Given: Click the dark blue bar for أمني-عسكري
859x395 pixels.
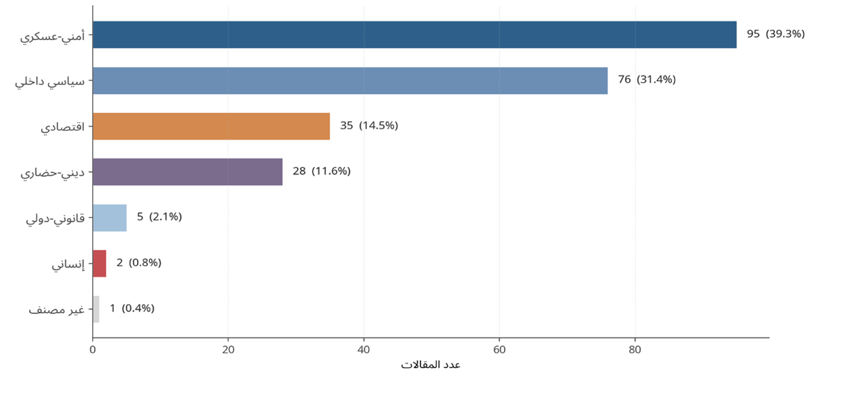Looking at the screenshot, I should [x=414, y=35].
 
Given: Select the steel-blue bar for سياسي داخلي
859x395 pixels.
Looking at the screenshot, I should [x=350, y=80].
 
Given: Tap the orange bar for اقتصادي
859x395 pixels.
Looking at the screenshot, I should [x=211, y=126].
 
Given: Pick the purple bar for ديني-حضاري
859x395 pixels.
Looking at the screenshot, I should [x=187, y=171].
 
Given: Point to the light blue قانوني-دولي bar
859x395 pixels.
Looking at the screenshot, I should [x=110, y=217].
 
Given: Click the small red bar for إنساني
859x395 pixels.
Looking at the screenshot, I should [x=100, y=263].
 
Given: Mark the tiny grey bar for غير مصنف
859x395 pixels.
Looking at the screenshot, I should [x=96, y=309].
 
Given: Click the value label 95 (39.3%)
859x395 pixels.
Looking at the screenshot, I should [x=776, y=34].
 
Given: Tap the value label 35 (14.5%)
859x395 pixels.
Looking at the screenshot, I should [x=369, y=126].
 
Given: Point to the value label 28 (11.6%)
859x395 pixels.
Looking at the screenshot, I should [x=321, y=171].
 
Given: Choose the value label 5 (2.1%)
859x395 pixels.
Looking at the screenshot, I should [x=159, y=217].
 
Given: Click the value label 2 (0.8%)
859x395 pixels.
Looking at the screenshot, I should [x=139, y=263].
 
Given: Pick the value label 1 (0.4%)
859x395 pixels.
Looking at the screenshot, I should [x=132, y=308].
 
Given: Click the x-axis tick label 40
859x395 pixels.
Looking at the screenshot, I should [x=364, y=350].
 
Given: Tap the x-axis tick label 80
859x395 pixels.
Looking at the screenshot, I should [x=635, y=350].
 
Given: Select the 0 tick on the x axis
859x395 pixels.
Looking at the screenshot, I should [x=93, y=350].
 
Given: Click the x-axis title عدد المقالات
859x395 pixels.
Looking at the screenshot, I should [x=430, y=364].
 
